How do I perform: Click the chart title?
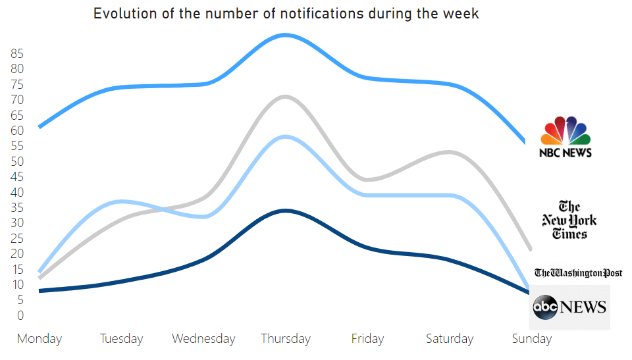(x=286, y=14)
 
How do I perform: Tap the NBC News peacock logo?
(x=566, y=137)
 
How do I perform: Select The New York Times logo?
(x=569, y=220)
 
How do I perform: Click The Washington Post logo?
(x=578, y=272)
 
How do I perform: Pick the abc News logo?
(x=570, y=307)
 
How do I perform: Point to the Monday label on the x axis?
(x=39, y=339)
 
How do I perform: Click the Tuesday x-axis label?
(x=122, y=339)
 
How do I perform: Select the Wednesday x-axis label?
(x=203, y=339)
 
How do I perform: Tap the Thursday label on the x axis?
(x=286, y=339)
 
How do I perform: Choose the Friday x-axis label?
(x=367, y=339)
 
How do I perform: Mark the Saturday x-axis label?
(x=450, y=339)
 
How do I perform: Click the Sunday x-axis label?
(x=531, y=339)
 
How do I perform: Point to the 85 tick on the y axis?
(x=18, y=53)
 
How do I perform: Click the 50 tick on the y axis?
(x=18, y=161)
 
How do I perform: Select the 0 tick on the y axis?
(x=20, y=315)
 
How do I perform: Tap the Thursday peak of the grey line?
(x=284, y=97)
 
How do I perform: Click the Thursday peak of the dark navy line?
(x=284, y=211)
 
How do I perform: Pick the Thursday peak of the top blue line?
(x=284, y=35)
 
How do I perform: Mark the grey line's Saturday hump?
(x=448, y=152)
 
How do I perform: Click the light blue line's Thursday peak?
(x=284, y=136)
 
